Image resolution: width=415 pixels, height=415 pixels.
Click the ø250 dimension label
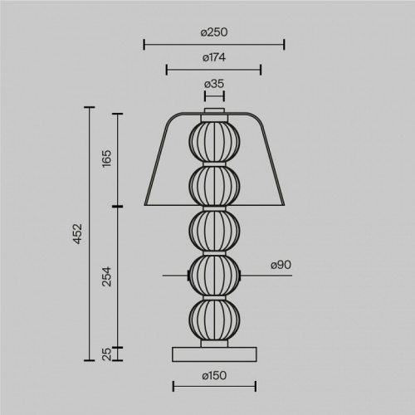coord(214,32)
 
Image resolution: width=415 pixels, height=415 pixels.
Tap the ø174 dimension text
coord(214,58)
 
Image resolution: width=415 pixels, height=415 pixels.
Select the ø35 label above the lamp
coord(214,84)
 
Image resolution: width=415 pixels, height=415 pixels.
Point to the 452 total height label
coord(78,234)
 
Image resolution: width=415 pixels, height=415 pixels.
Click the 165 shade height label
coord(107,159)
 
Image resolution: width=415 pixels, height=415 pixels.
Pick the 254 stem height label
coord(107,276)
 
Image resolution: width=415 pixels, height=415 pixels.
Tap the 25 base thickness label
coord(107,354)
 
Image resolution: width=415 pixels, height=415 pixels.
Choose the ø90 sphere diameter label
coord(281,265)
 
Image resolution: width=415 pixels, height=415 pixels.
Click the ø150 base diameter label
coord(214,376)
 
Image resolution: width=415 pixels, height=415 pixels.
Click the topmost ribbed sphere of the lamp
coord(214,142)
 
